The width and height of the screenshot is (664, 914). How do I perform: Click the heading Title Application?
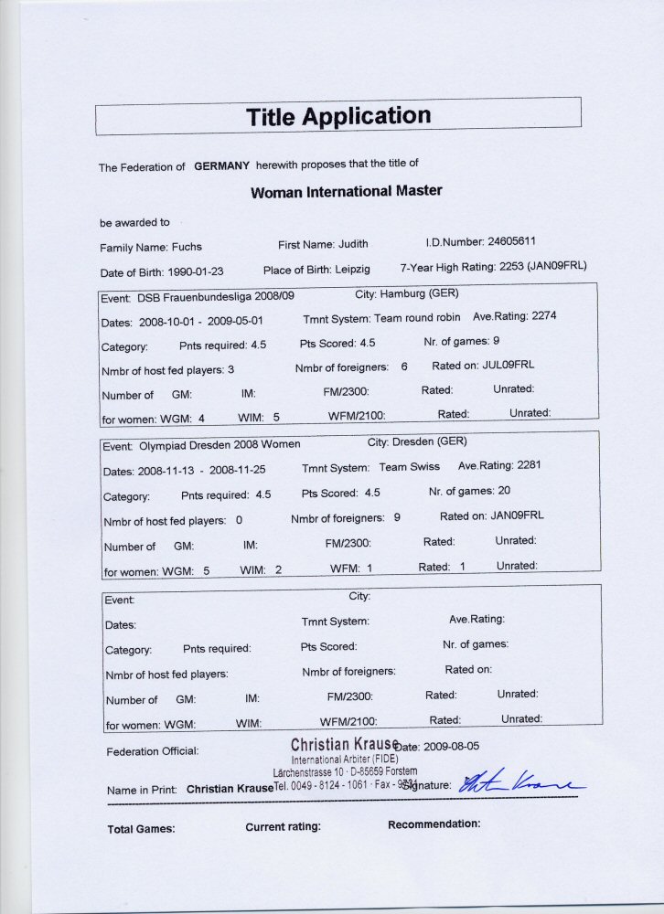tap(338, 117)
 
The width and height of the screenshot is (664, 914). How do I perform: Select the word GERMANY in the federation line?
tap(222, 166)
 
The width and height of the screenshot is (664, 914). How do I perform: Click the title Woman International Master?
tap(346, 192)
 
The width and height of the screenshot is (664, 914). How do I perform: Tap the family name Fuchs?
tap(186, 247)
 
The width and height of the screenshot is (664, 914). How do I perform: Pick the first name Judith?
tap(352, 244)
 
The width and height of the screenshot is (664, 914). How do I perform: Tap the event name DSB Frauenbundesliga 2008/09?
tap(216, 297)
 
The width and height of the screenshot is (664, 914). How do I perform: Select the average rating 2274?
tap(539, 316)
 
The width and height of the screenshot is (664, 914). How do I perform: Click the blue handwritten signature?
tap(519, 782)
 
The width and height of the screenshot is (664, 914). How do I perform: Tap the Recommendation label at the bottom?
tap(434, 824)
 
